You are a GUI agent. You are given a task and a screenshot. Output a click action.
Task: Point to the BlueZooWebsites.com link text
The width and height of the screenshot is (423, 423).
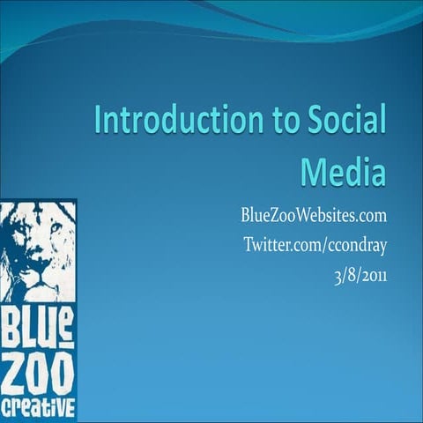(x=315, y=217)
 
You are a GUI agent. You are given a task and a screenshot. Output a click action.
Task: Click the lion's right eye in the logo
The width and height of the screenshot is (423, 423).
(x=56, y=230)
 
